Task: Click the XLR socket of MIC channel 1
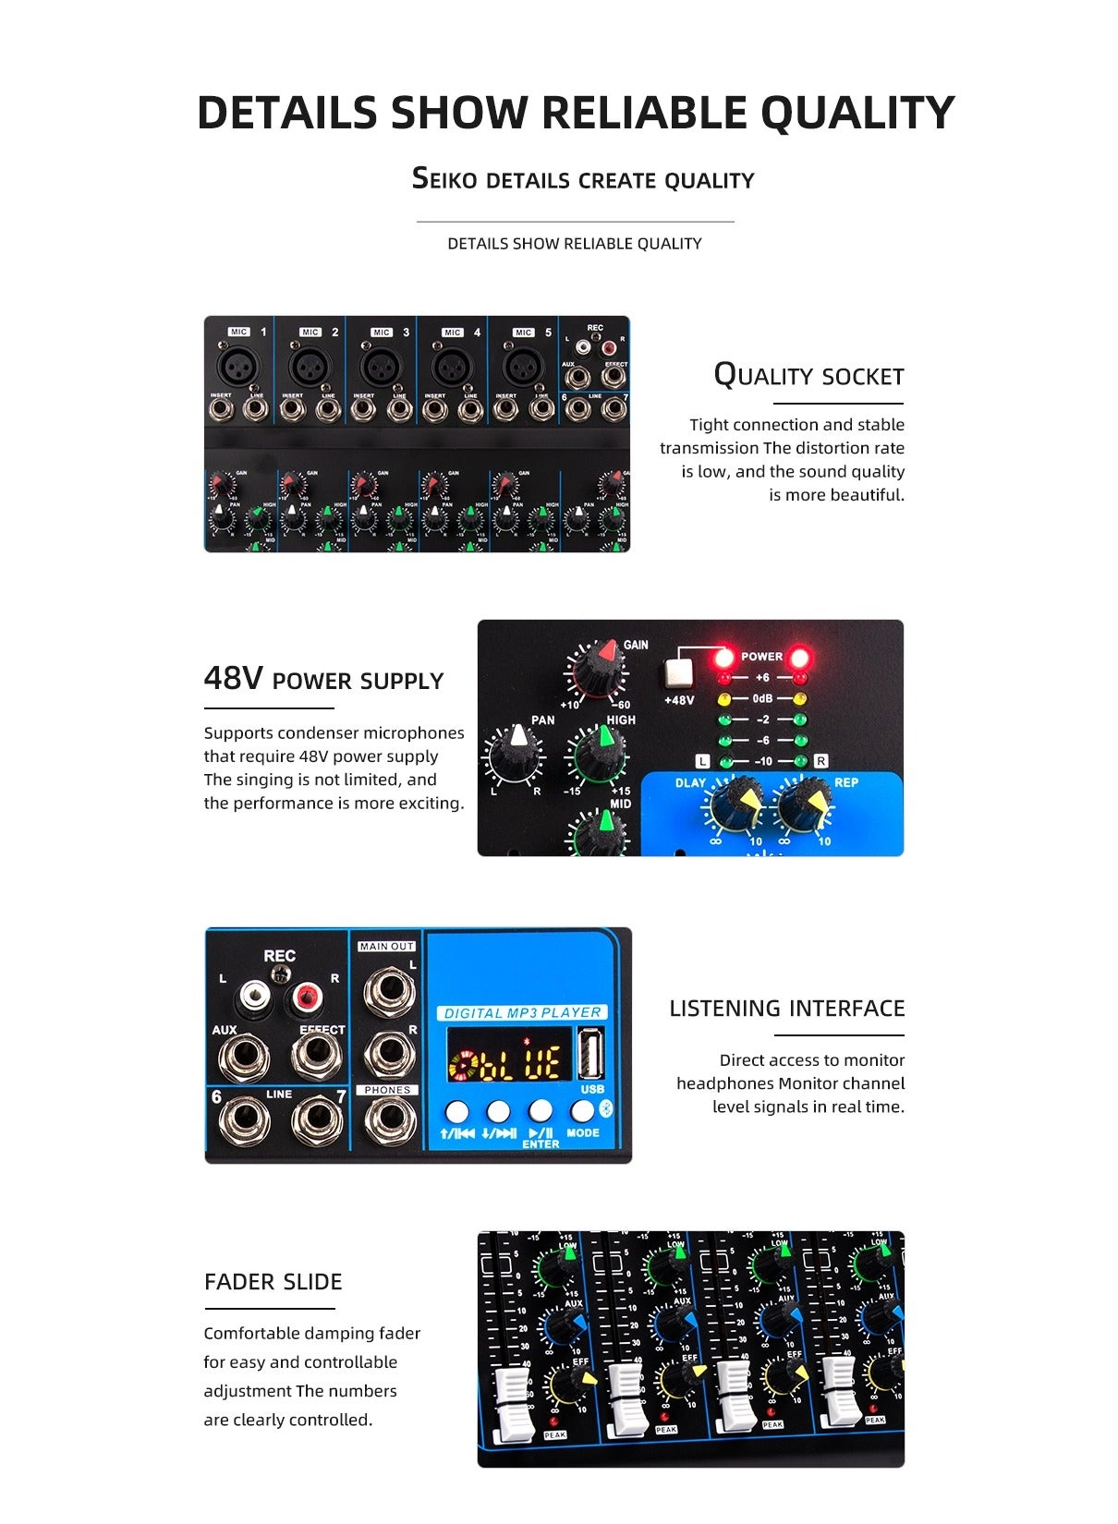(x=238, y=367)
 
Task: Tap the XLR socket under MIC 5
(x=523, y=367)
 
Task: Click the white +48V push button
(x=678, y=674)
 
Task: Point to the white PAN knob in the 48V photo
(x=515, y=753)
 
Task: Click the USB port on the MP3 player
(x=592, y=1053)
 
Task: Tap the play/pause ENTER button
(x=541, y=1111)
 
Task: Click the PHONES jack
(x=387, y=1121)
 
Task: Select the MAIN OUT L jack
(x=387, y=990)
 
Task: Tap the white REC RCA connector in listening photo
(x=254, y=997)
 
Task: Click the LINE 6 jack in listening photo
(x=243, y=1121)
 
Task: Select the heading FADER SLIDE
(x=273, y=1282)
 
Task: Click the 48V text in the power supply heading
(x=233, y=679)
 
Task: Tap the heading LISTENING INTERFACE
(x=786, y=1009)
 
